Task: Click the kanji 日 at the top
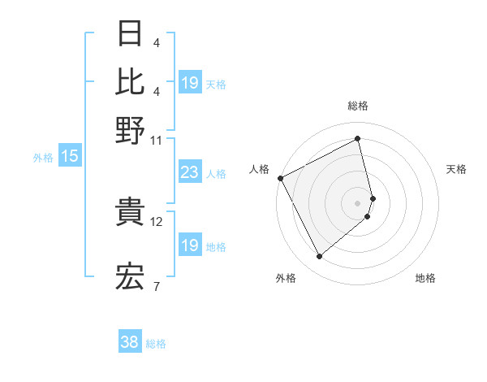(131, 35)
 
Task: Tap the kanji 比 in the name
(131, 82)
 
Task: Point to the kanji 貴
(131, 212)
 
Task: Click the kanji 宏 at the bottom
(131, 277)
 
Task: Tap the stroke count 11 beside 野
(157, 140)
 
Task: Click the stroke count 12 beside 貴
(157, 221)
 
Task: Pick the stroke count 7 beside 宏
(157, 286)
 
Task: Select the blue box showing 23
(189, 172)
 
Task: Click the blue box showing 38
(130, 343)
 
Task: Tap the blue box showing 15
(70, 156)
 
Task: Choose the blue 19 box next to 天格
(189, 82)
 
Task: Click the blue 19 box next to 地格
(189, 245)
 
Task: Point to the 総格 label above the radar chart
(358, 106)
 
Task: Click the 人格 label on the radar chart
(260, 169)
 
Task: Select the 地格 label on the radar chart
(425, 279)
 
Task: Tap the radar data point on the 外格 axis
(319, 257)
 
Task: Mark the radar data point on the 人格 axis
(280, 177)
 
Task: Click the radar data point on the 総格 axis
(358, 138)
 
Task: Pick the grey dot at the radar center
(358, 203)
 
